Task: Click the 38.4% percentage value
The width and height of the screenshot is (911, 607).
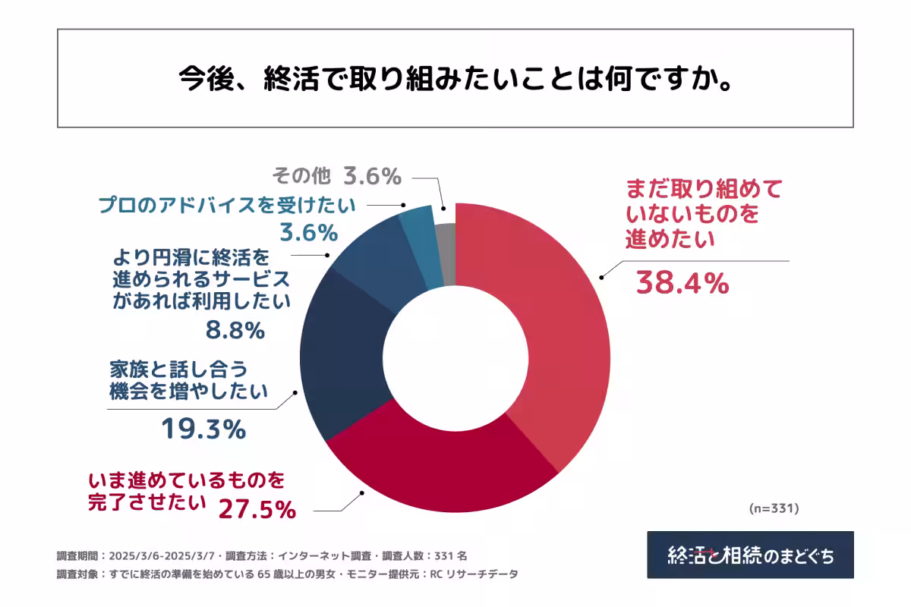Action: [x=682, y=284]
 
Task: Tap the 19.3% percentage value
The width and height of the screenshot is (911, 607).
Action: [x=203, y=430]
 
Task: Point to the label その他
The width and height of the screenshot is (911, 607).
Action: [x=301, y=176]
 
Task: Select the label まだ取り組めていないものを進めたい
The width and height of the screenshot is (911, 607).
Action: [x=702, y=214]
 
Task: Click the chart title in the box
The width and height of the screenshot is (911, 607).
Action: [x=455, y=78]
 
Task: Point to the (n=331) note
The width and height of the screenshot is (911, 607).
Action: [x=774, y=507]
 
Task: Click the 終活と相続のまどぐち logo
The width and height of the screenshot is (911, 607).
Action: [x=750, y=555]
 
